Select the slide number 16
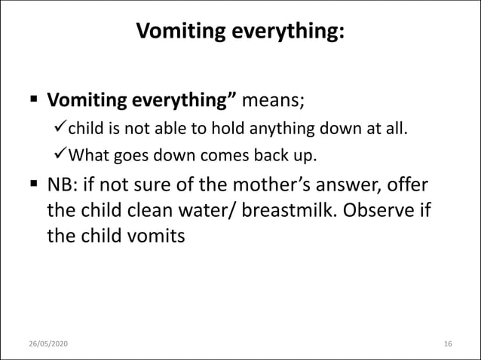pyautogui.click(x=448, y=343)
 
